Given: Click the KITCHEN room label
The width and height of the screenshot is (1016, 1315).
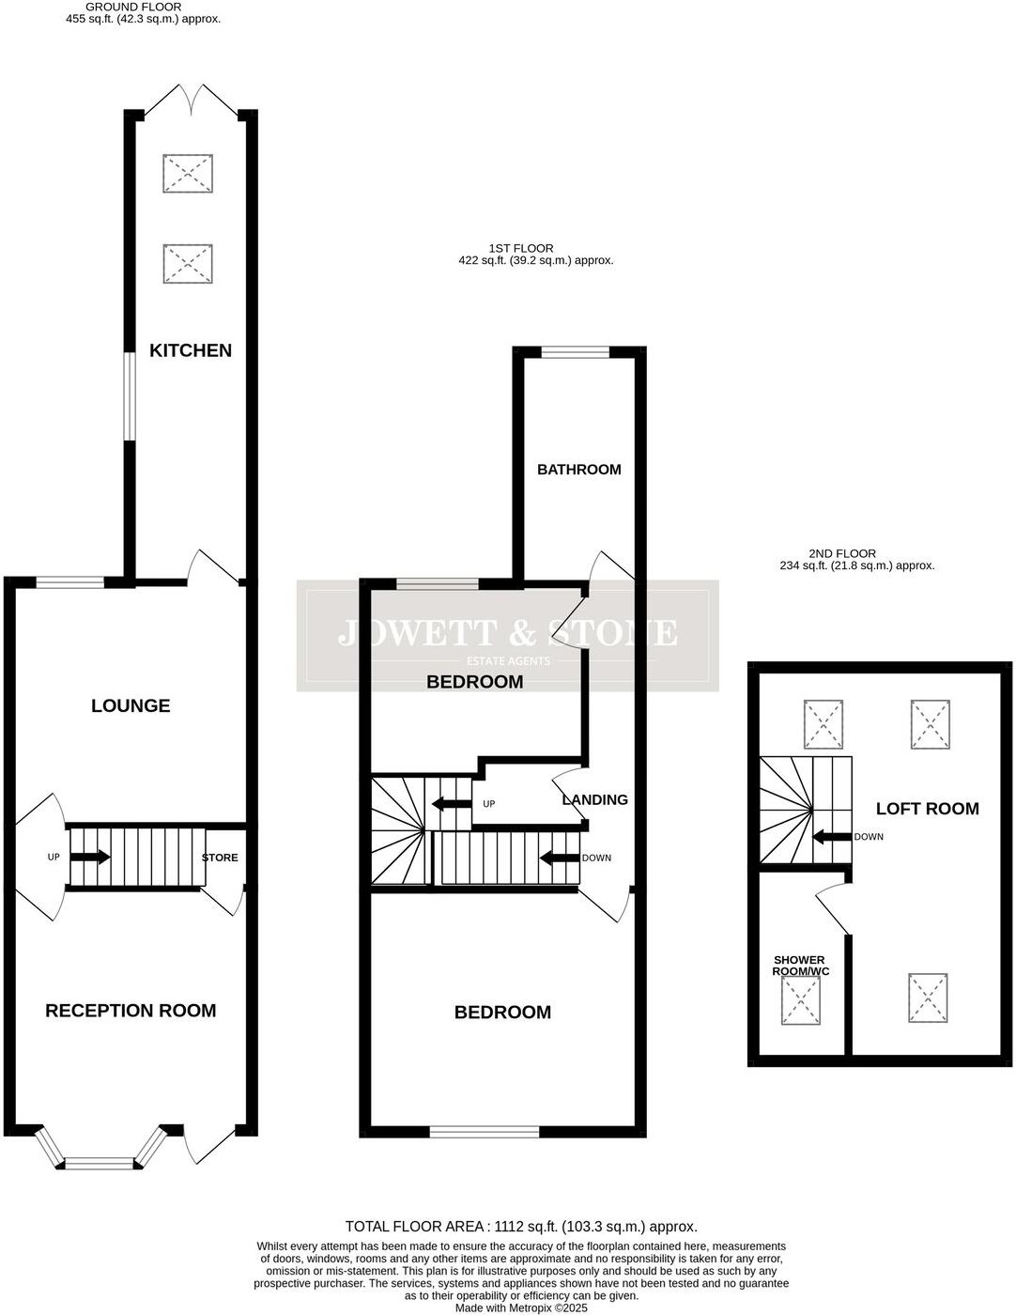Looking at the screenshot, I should (191, 350).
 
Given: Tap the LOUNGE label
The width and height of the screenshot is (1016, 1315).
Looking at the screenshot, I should (131, 705).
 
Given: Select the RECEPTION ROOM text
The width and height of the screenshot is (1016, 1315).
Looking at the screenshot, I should (131, 1011).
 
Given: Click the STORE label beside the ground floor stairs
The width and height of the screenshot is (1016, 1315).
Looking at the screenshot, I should (220, 858).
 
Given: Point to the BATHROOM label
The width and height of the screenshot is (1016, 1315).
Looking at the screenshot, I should (578, 470).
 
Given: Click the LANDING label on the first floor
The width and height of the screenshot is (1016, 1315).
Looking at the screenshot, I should (595, 800).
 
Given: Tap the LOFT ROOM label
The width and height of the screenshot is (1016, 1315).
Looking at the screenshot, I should (927, 809).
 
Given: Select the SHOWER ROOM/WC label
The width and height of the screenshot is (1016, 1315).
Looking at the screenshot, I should (800, 966).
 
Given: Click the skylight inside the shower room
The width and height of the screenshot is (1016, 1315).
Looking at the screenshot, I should (801, 1002).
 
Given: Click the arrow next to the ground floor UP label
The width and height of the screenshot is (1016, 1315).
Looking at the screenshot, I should (90, 857).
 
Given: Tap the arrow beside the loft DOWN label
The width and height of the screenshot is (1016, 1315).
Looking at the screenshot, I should (831, 837).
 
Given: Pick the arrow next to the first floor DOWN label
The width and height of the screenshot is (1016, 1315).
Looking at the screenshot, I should (559, 858).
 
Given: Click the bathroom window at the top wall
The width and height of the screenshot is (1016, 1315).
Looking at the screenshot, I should (575, 353).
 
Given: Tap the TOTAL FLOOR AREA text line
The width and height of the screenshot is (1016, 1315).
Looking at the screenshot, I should (521, 1227).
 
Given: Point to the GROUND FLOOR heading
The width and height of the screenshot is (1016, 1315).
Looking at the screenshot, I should (133, 7).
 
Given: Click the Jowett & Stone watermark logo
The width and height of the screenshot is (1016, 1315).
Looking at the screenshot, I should (507, 637).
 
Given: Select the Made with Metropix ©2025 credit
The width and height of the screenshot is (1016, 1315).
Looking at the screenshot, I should (521, 1307).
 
